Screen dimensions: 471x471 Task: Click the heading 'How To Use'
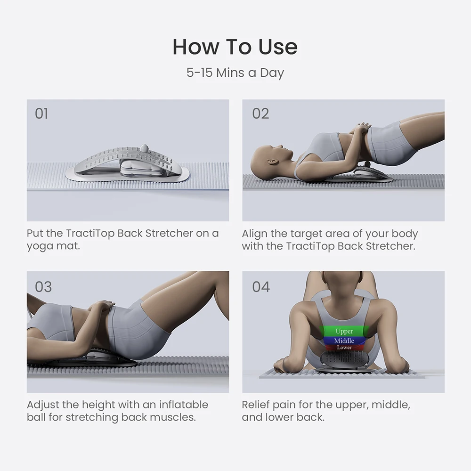click(235, 47)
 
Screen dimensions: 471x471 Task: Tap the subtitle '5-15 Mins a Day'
click(235, 73)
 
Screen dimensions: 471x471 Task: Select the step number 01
click(41, 114)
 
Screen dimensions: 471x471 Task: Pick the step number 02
click(260, 114)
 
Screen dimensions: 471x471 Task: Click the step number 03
click(43, 287)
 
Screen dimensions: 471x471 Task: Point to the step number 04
click(261, 287)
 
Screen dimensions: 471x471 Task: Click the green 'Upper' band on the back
click(344, 332)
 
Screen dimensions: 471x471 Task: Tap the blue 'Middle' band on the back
click(344, 341)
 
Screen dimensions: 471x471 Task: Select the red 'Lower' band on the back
click(344, 348)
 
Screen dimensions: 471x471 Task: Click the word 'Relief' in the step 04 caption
click(257, 405)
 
